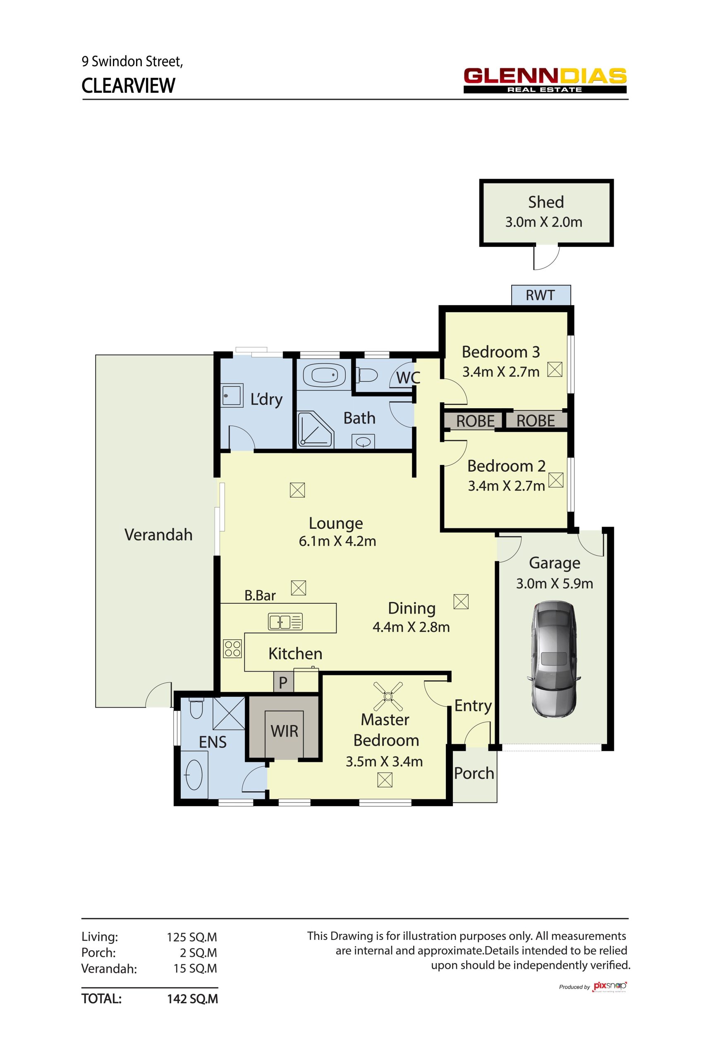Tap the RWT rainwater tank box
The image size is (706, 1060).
pyautogui.click(x=541, y=295)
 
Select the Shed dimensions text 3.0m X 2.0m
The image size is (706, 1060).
pyautogui.click(x=543, y=222)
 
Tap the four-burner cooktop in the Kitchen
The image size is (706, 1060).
pyautogui.click(x=232, y=648)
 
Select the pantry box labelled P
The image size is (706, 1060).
pyautogui.click(x=283, y=683)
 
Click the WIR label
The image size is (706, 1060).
pyautogui.click(x=285, y=731)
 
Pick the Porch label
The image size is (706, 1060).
pyautogui.click(x=474, y=773)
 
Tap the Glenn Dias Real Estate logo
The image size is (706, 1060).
pyautogui.click(x=545, y=80)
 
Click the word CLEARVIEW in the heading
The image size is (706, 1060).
pyautogui.click(x=128, y=86)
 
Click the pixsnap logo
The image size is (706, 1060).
pyautogui.click(x=610, y=987)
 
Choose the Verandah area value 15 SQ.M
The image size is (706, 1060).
pyautogui.click(x=195, y=968)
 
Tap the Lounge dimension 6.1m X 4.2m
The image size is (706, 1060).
pyautogui.click(x=337, y=541)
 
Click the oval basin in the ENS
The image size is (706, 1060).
pyautogui.click(x=194, y=775)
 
